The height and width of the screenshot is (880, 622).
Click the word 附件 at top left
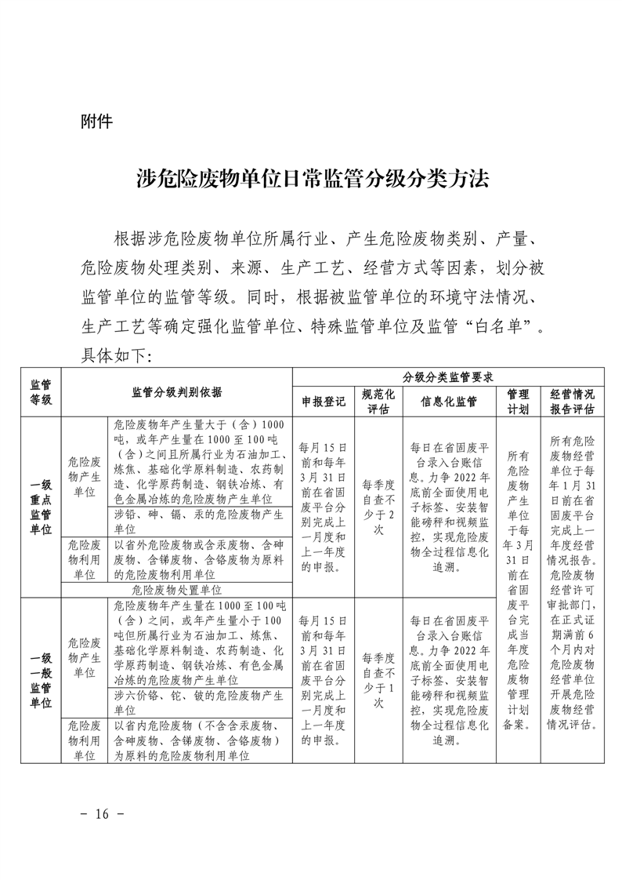tap(97, 122)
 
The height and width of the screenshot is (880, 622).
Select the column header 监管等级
tap(41, 392)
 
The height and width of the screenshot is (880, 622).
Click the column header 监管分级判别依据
tap(177, 392)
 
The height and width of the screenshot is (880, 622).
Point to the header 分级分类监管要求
tap(447, 376)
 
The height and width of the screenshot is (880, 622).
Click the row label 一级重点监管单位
tap(41, 507)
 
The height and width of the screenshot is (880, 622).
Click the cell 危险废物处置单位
tap(177, 589)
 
